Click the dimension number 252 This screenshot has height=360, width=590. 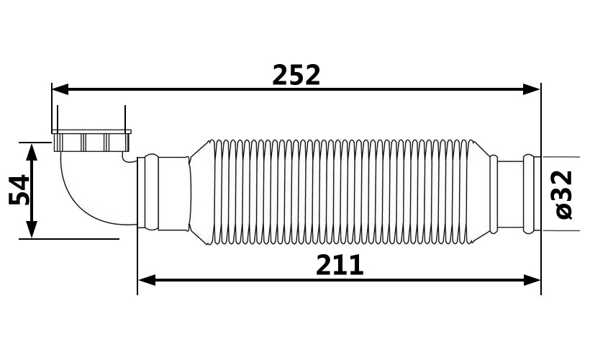[296, 75]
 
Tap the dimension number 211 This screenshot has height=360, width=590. [340, 265]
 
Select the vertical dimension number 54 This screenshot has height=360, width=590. [19, 190]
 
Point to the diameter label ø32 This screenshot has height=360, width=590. [563, 194]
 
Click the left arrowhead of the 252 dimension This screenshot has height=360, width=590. [60, 89]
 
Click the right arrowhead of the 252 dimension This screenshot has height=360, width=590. [531, 89]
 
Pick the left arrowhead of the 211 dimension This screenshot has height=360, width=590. [147, 280]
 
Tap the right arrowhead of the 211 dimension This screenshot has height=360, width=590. [531, 280]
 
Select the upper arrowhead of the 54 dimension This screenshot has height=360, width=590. [32, 152]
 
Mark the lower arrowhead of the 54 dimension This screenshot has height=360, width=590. [32, 230]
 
